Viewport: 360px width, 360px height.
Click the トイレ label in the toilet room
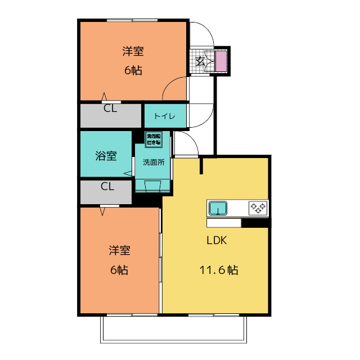[x=164, y=116]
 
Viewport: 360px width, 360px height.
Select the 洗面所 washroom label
[x=153, y=163]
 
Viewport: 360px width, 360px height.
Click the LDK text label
[x=216, y=240]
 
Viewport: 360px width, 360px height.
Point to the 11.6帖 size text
[x=218, y=270]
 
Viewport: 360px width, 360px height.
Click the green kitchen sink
[x=217, y=209]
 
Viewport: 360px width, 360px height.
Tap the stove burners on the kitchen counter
[x=258, y=208]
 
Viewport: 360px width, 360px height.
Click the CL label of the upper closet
[x=110, y=109]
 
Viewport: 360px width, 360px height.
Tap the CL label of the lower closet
[x=107, y=186]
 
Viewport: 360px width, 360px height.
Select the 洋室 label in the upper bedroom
[x=133, y=52]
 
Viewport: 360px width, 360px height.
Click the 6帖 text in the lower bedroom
[x=119, y=270]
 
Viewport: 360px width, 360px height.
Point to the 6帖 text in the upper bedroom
[x=133, y=71]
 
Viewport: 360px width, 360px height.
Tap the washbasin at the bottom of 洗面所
[x=152, y=186]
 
